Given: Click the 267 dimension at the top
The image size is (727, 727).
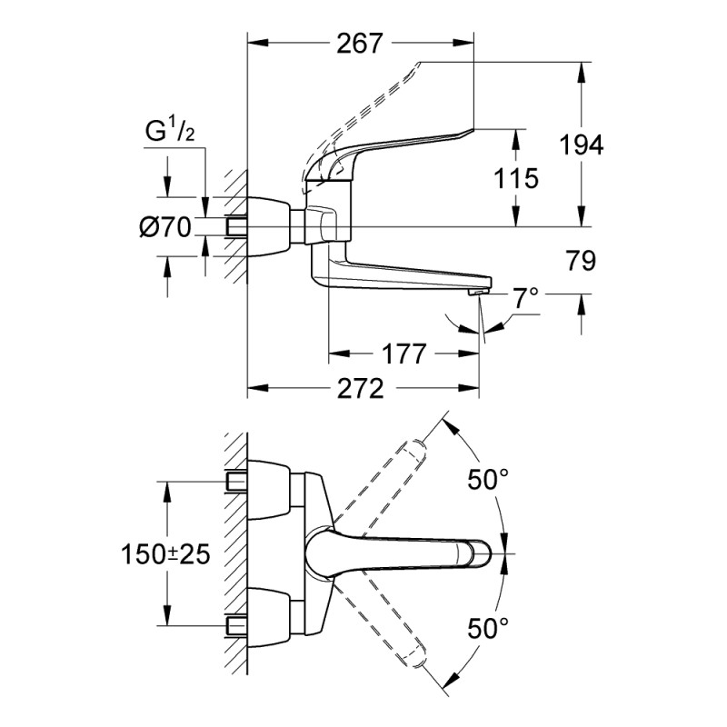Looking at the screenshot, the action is pos(360,44).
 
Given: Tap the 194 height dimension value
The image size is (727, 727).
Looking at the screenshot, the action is pos(582,144).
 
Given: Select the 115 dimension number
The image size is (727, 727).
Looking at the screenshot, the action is pos(515,178).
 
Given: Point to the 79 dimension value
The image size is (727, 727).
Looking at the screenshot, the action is pos(581,261).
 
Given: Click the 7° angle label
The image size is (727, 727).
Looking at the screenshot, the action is pos(526,298).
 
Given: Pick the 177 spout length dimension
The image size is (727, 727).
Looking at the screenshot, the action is pos(403,354).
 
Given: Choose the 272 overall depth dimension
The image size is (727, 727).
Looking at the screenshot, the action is pos(360,389).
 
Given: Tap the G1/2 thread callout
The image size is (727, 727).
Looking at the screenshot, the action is pos(170,131).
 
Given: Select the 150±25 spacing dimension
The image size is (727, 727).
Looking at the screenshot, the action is pos(165,554).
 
